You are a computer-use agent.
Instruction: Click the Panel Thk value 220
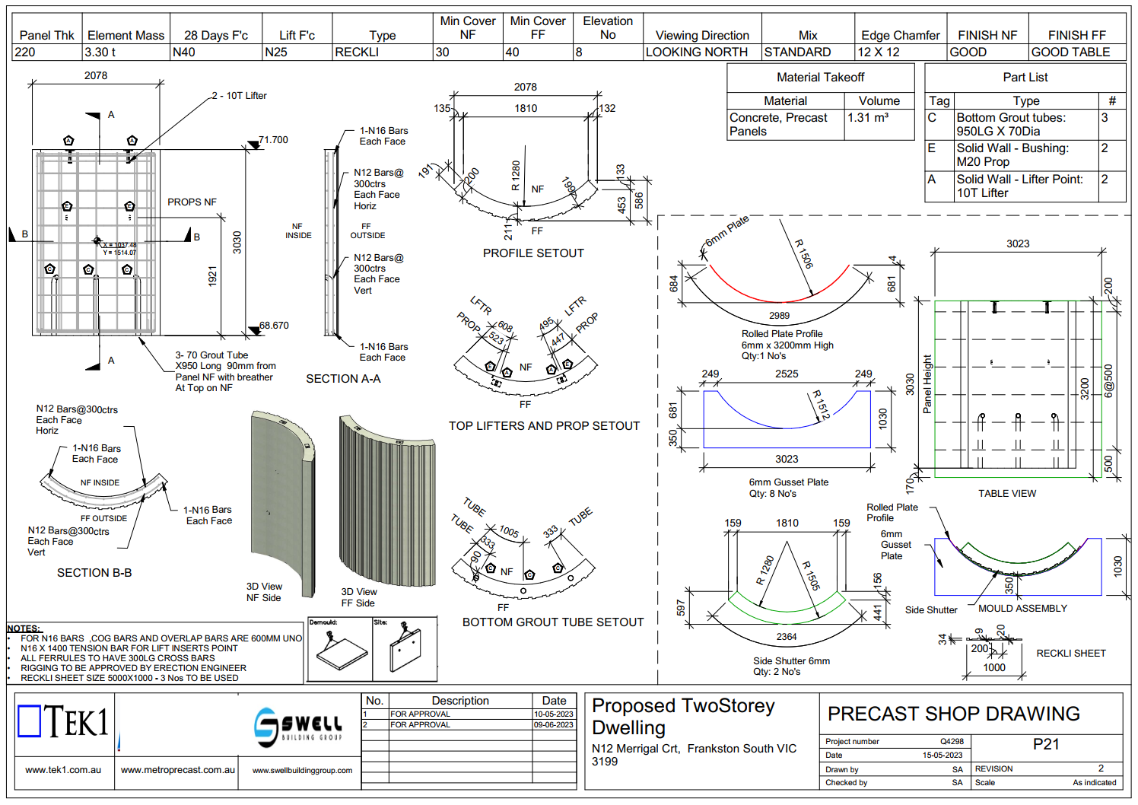click(x=25, y=52)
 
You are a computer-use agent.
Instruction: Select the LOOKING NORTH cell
click(x=696, y=52)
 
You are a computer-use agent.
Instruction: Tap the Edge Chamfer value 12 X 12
click(x=879, y=52)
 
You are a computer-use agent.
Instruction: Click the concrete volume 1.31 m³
click(x=868, y=118)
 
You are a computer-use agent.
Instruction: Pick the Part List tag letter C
click(x=932, y=118)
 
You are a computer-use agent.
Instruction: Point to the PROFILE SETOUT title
click(x=533, y=253)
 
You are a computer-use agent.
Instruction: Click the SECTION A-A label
click(x=343, y=379)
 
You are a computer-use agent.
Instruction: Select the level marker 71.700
click(x=273, y=140)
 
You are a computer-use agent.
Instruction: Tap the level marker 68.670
click(x=274, y=326)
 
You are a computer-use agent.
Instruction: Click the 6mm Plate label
click(x=726, y=231)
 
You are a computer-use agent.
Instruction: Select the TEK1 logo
click(x=64, y=721)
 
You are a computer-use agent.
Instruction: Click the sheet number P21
click(x=1046, y=744)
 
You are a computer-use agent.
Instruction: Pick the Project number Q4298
click(x=952, y=741)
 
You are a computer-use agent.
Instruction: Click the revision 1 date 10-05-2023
click(x=553, y=714)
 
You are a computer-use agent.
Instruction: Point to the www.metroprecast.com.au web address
click(x=177, y=770)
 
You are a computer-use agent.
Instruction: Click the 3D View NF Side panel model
click(x=282, y=502)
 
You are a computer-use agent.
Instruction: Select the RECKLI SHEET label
click(x=1071, y=654)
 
